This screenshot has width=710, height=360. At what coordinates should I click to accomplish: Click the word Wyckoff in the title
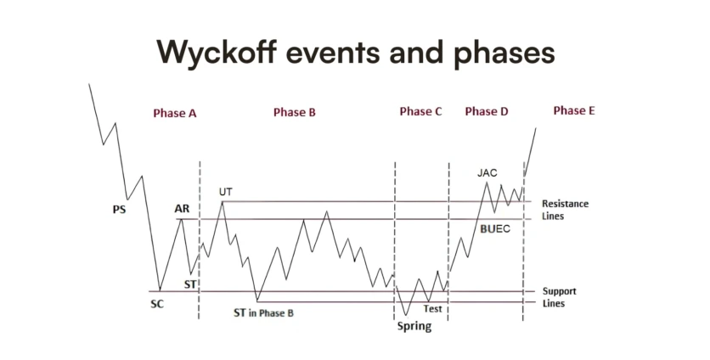(x=217, y=52)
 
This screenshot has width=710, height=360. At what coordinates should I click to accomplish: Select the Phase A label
(x=175, y=113)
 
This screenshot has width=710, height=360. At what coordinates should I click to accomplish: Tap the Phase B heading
(x=295, y=112)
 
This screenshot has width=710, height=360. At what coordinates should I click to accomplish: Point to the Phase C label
(x=420, y=111)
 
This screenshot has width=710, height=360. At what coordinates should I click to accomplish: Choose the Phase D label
(x=487, y=111)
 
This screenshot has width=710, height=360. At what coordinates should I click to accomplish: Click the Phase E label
(x=574, y=110)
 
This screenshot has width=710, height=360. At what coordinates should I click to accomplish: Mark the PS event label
(x=119, y=210)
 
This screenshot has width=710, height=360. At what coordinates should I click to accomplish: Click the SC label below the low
(x=157, y=304)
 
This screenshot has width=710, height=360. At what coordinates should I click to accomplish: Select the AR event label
(x=182, y=209)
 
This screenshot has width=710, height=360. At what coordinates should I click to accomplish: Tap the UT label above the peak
(x=226, y=192)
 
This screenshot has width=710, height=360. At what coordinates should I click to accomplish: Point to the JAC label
(x=487, y=172)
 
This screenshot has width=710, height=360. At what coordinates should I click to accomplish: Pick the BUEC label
(x=495, y=229)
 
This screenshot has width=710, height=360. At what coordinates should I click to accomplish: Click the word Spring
(x=414, y=327)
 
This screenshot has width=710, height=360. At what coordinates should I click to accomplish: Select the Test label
(x=432, y=309)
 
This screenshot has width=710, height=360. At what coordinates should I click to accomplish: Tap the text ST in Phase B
(x=263, y=313)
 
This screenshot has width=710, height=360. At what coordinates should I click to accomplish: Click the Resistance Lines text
(x=565, y=210)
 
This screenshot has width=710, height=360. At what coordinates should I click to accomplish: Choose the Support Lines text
(x=559, y=297)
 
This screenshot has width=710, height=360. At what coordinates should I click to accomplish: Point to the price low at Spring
(x=406, y=315)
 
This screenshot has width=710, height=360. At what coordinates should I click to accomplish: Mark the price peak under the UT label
(x=223, y=201)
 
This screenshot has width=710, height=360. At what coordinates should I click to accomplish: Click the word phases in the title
(x=504, y=53)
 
